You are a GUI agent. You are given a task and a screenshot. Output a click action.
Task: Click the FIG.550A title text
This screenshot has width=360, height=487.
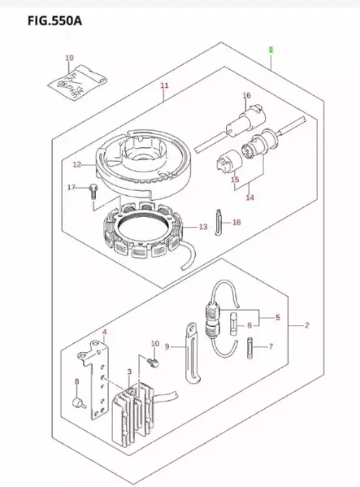(x=55, y=21)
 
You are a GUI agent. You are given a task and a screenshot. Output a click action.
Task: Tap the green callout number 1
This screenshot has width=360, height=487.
(x=271, y=50)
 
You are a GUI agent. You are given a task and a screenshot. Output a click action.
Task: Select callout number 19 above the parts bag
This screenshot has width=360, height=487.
(x=70, y=58)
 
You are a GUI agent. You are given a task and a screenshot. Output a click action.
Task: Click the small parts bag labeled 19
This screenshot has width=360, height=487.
(x=77, y=82)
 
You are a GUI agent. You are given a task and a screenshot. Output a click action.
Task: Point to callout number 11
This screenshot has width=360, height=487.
(x=164, y=85)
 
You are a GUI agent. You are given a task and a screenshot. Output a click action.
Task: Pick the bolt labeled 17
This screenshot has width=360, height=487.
(x=93, y=192)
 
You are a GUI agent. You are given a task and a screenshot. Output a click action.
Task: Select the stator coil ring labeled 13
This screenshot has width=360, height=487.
(x=145, y=230)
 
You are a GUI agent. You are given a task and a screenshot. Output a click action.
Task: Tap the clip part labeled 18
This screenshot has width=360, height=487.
(x=219, y=223)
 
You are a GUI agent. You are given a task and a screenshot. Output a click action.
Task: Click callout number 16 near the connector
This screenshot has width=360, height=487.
(x=247, y=95)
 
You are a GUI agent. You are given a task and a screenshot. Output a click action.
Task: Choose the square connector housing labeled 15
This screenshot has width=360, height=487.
(x=229, y=161)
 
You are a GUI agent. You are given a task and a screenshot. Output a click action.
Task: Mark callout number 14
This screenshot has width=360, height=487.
(x=250, y=198)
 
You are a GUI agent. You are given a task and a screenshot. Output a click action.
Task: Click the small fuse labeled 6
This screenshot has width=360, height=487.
(x=234, y=324)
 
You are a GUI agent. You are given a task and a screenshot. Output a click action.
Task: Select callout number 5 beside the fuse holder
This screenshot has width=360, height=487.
(x=277, y=317)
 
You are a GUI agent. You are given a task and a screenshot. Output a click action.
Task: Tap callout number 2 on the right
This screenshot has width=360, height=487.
(x=307, y=325)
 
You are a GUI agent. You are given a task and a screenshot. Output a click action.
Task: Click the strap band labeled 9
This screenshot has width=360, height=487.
(x=193, y=353)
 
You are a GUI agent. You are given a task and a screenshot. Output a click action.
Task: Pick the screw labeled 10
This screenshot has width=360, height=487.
(x=153, y=362)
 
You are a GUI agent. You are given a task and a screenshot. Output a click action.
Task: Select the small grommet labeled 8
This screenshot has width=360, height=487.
(x=79, y=402)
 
